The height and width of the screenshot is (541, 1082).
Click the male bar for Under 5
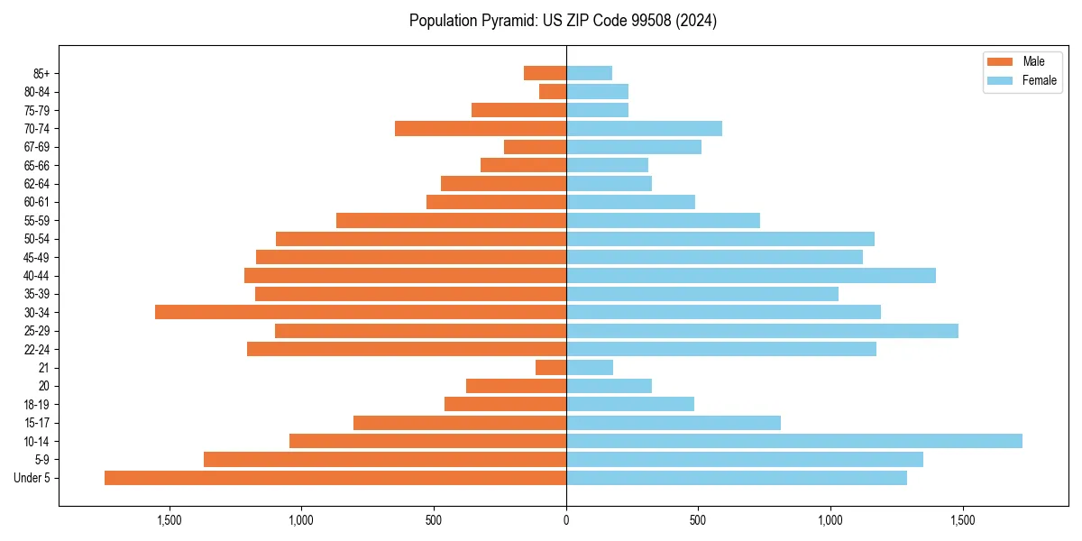point(335,478)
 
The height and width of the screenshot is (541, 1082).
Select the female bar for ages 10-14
point(794,441)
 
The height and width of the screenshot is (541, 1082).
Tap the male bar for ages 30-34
point(361,312)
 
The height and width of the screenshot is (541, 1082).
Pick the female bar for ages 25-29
point(762,331)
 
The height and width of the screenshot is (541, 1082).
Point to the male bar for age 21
point(551,368)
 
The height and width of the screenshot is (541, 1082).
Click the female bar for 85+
point(590,73)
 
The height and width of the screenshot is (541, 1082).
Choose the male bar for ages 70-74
point(481,128)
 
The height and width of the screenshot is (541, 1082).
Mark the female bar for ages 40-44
point(751,275)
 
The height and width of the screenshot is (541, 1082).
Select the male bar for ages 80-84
point(553,91)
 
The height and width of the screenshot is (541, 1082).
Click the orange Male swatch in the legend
point(1001,61)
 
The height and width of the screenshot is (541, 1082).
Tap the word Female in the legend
point(1040,80)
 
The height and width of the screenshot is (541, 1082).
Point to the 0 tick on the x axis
point(566,520)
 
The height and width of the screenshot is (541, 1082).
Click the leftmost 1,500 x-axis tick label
point(170,520)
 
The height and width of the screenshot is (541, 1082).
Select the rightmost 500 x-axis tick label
point(698,520)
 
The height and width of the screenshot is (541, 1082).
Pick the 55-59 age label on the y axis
point(37,220)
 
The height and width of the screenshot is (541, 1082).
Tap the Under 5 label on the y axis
point(32,478)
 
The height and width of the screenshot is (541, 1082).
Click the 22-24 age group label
point(37,349)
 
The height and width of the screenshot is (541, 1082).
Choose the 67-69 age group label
point(37,147)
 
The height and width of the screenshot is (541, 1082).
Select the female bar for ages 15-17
point(674,423)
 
